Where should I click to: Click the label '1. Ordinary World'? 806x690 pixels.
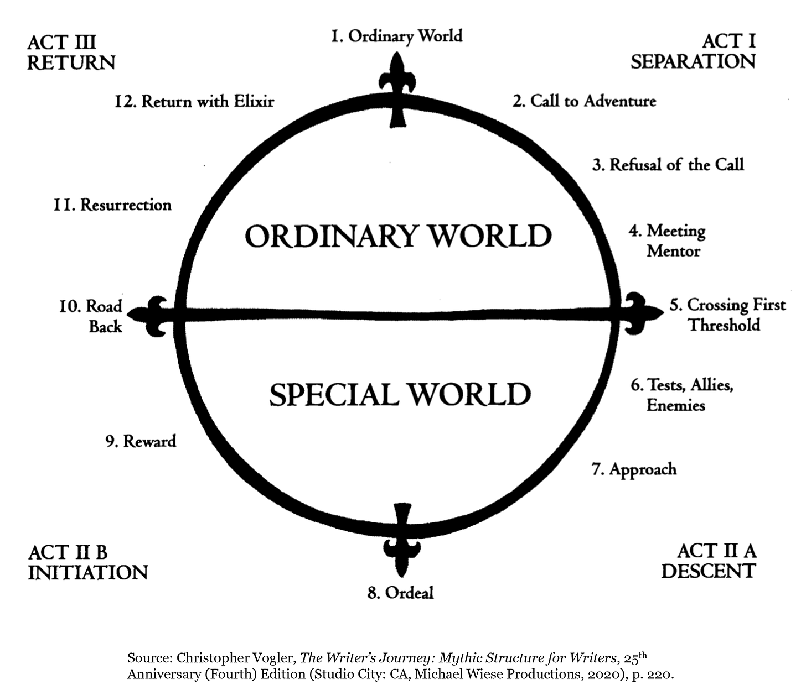(x=396, y=36)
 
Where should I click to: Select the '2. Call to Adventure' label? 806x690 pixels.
(x=584, y=101)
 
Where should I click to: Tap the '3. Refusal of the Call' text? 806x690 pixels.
(x=668, y=165)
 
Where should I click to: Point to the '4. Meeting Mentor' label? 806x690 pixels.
(x=668, y=241)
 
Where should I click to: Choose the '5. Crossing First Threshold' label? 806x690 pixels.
(x=727, y=315)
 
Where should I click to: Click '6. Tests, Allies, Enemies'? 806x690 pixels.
(x=681, y=395)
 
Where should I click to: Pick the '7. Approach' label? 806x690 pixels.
(x=634, y=469)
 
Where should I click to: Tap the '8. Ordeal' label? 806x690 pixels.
(x=400, y=593)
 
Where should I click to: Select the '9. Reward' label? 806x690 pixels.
(x=141, y=441)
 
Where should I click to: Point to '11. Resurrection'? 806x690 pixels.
(x=112, y=205)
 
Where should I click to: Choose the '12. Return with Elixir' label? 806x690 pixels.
(x=194, y=102)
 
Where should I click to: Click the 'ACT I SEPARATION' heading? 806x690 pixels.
(x=693, y=51)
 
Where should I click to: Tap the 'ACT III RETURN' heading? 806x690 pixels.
(x=71, y=53)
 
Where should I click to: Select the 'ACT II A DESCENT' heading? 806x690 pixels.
(x=709, y=561)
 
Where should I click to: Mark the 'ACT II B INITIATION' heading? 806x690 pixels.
(x=87, y=562)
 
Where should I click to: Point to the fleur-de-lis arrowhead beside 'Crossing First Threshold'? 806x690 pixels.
(x=639, y=313)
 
